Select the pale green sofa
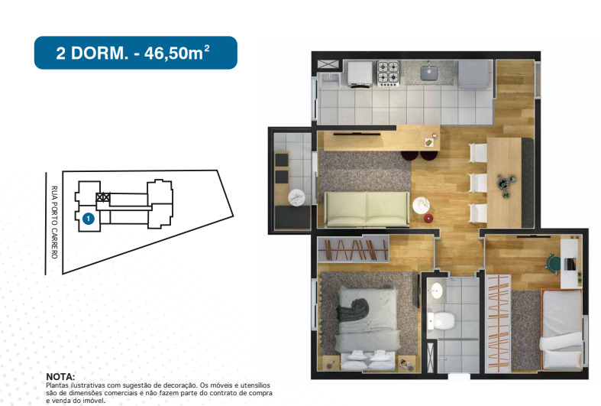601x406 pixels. [366, 209]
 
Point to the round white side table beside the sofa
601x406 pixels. [421, 205]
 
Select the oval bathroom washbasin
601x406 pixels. [436, 291]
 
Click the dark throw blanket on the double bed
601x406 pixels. [354, 310]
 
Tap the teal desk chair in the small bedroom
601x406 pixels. [553, 262]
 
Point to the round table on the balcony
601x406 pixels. [296, 198]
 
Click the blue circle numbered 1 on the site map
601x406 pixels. [88, 219]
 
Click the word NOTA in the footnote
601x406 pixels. [61, 377]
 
